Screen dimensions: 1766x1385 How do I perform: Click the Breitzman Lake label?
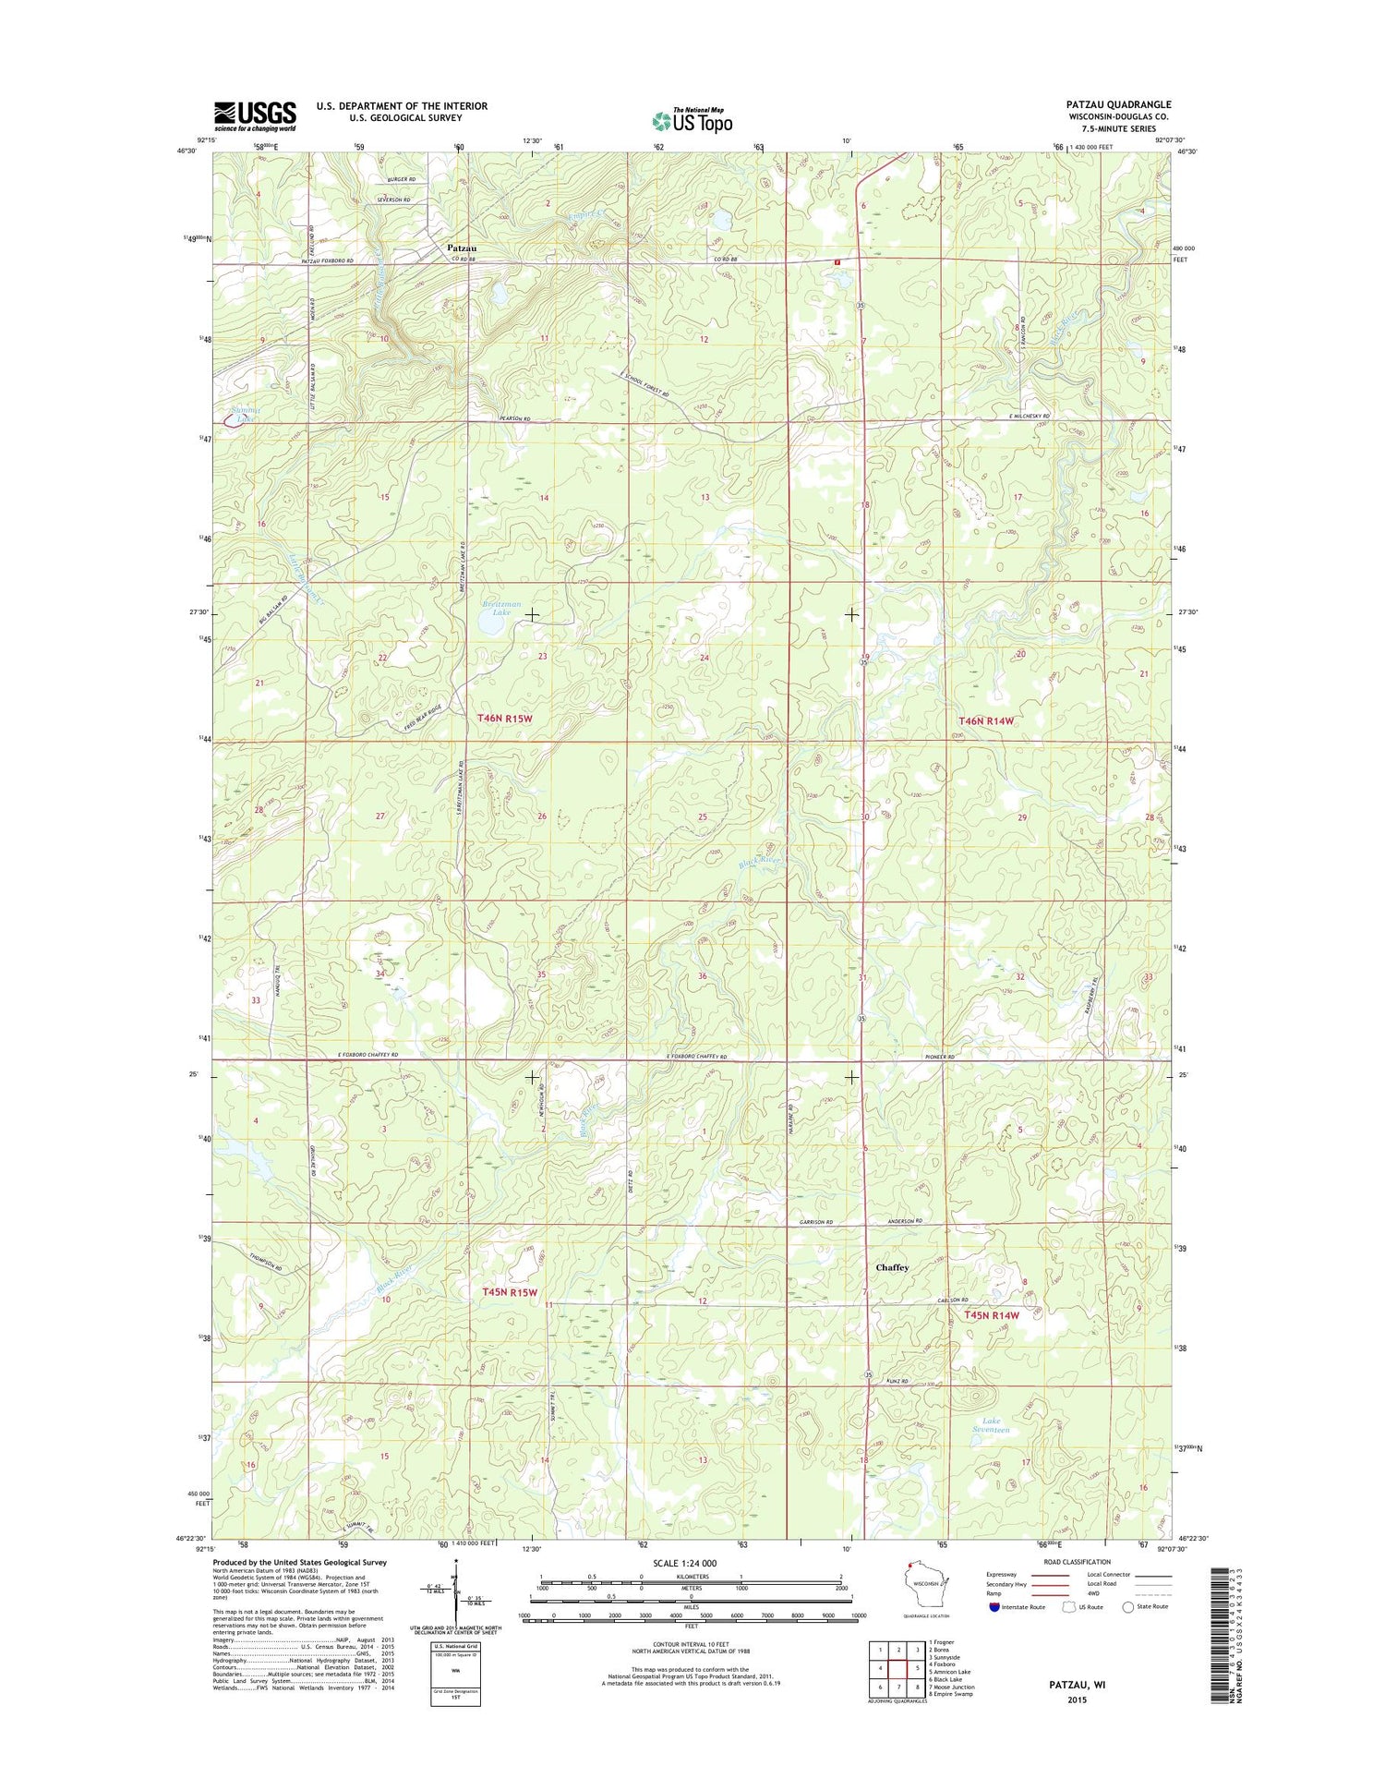click(501, 608)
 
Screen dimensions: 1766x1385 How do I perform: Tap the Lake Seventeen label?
click(991, 1425)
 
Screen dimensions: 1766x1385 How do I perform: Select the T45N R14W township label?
click(992, 1315)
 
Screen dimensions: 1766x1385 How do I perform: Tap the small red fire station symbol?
click(837, 261)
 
